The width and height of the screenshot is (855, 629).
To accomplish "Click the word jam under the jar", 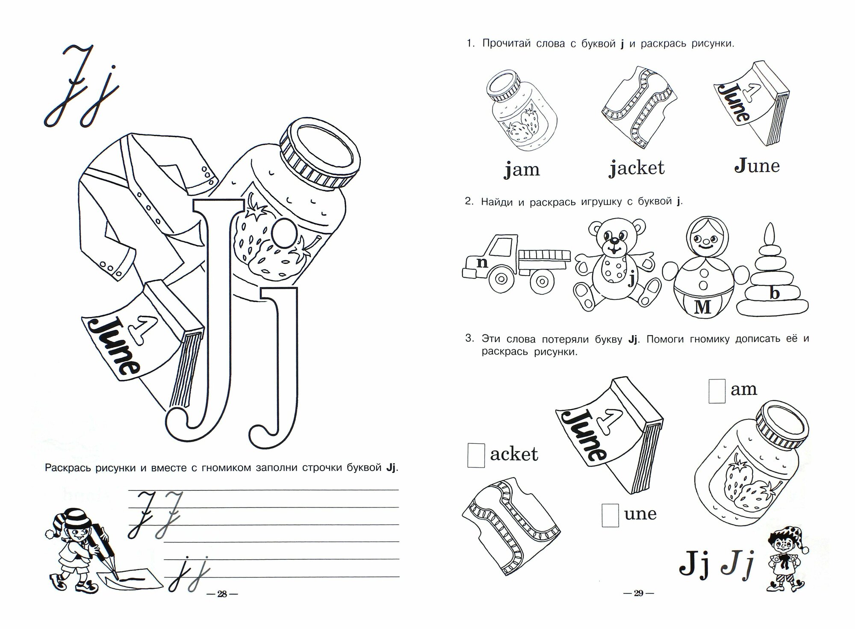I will coord(522,169).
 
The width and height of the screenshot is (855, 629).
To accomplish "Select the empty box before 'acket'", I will coord(476,455).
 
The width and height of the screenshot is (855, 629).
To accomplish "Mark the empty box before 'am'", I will coord(717,391).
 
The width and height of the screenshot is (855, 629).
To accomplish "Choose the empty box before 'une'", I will coord(610,515).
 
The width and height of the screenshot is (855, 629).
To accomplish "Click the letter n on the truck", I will coord(482,262).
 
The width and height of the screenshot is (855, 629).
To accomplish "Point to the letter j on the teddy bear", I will coord(631,280).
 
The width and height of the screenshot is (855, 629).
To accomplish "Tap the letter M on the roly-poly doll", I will coord(702,307).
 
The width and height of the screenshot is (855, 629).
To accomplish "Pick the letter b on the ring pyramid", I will coord(774,293).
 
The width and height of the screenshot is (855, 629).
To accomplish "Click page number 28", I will coord(222,594).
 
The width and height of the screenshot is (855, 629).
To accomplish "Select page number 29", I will coord(638,593).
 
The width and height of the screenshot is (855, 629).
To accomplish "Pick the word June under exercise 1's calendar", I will coord(757,166).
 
